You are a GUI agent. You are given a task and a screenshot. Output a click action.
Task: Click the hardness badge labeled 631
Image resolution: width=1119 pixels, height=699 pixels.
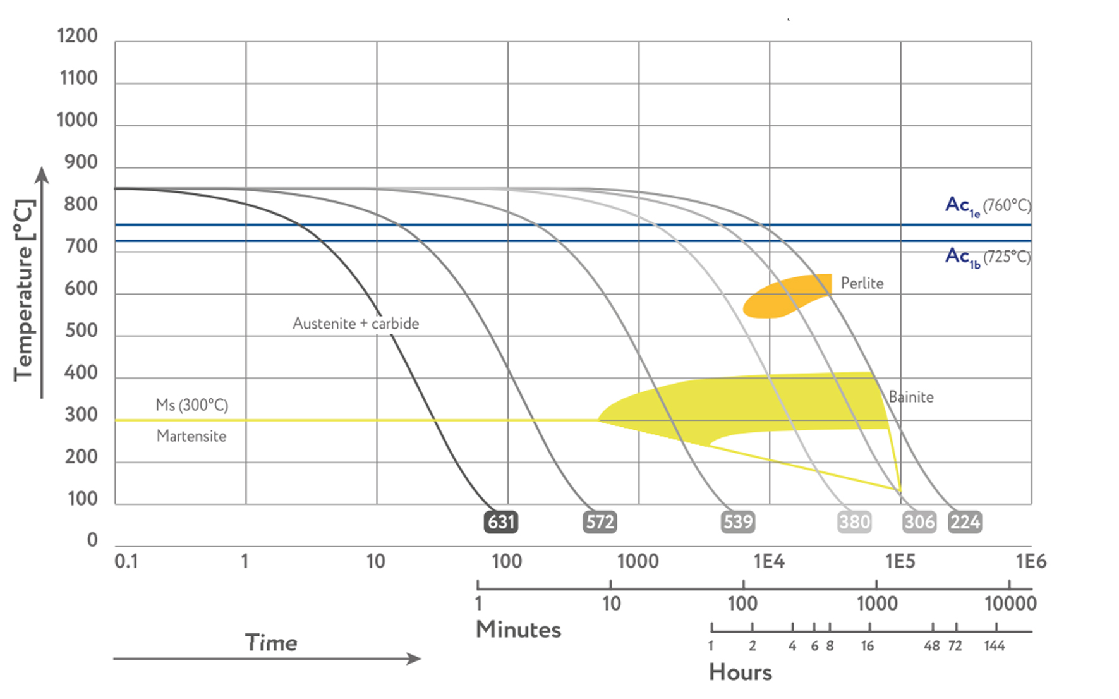(501, 522)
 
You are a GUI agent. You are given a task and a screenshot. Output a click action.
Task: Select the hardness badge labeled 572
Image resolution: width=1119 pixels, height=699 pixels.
(600, 522)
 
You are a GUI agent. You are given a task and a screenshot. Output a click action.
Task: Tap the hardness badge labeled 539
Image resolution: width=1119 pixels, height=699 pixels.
(738, 522)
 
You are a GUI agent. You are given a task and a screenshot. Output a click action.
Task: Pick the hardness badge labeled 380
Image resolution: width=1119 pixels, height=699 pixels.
(854, 522)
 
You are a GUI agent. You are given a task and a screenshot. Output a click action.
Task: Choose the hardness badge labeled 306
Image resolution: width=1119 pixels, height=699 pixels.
(919, 522)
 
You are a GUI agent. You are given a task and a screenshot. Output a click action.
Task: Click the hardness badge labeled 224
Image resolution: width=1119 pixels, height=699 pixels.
(965, 522)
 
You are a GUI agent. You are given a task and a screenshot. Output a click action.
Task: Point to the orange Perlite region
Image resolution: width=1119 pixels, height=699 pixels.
(783, 297)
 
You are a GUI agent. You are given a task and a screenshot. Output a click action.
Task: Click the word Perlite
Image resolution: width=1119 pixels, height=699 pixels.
(862, 283)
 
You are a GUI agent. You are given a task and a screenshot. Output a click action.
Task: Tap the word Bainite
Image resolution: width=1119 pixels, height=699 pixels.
(911, 397)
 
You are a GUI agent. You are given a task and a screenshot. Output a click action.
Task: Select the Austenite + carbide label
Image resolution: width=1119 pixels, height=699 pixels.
(356, 324)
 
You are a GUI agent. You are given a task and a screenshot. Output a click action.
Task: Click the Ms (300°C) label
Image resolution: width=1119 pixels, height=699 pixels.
(192, 405)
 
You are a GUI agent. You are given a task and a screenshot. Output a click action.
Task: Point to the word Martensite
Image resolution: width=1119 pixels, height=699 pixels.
(191, 436)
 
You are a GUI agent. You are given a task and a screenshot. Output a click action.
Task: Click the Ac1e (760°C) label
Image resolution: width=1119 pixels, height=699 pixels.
(988, 206)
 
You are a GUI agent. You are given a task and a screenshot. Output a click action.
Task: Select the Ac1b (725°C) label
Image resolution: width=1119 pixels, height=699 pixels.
(988, 257)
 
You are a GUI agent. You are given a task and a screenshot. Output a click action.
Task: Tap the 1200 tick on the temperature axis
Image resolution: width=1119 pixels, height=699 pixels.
(77, 36)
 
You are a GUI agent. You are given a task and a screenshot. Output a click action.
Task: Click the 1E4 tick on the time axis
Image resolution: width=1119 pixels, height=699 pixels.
(769, 561)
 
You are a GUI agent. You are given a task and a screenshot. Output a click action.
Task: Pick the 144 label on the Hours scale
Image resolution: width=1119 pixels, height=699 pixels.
(994, 646)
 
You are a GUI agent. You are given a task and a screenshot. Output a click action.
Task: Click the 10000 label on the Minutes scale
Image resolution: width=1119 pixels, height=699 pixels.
(1010, 604)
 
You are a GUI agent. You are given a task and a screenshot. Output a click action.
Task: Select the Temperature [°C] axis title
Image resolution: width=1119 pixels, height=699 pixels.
(24, 291)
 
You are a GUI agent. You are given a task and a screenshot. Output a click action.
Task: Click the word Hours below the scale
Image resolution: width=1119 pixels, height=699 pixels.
(741, 672)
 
